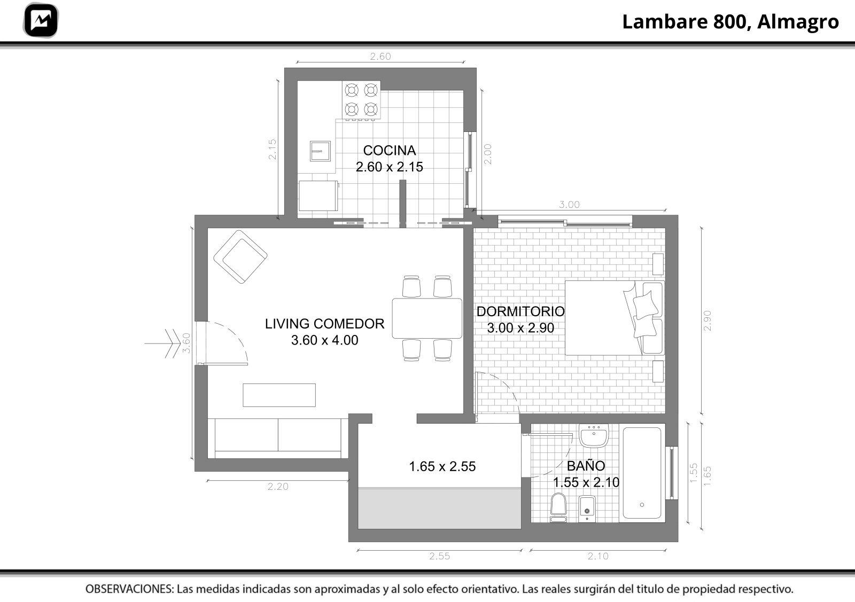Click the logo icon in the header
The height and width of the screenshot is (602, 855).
41,20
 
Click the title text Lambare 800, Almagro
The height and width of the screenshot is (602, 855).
730,22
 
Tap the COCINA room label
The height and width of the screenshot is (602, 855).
390,150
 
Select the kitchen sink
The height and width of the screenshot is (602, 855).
320,151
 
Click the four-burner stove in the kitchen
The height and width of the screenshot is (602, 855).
361,100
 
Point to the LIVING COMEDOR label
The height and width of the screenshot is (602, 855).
324,324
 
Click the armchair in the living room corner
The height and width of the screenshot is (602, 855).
240,257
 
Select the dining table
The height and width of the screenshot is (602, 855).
427,318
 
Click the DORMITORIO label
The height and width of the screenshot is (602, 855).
520,311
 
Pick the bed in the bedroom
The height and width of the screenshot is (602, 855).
615,318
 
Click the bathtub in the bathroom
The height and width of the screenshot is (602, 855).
642,473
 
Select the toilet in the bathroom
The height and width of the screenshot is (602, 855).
558,507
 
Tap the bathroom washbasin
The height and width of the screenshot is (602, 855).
594,435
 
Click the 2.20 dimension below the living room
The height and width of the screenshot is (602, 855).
278,487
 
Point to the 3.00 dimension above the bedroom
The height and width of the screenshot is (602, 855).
569,205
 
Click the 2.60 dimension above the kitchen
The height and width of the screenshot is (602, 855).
380,57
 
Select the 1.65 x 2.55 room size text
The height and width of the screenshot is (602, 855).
442,466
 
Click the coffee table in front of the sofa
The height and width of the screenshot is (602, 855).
279,395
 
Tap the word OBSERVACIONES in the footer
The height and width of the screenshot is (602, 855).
130,589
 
